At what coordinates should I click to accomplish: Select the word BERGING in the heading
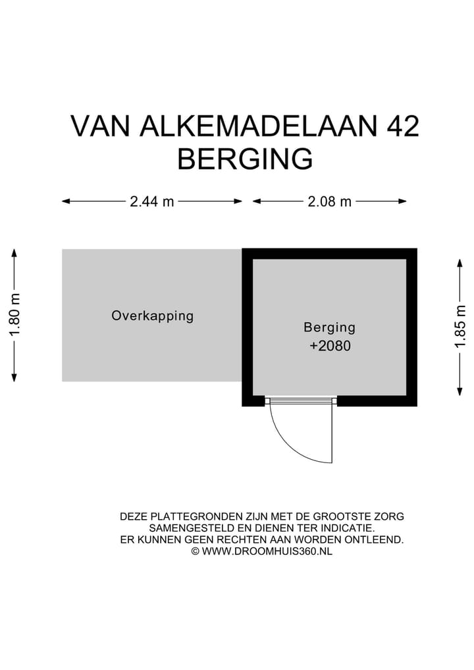(245, 159)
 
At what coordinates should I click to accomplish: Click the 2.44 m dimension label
(152, 202)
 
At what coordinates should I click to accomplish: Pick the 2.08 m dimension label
(330, 202)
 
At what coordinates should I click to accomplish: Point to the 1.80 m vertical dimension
(14, 314)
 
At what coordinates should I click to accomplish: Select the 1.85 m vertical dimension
(460, 327)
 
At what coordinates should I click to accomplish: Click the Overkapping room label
(153, 316)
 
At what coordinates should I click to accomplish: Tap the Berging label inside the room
(329, 327)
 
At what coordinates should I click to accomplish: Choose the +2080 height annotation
(330, 345)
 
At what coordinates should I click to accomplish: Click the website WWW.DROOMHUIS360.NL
(267, 551)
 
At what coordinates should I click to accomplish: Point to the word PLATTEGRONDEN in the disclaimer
(190, 516)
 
